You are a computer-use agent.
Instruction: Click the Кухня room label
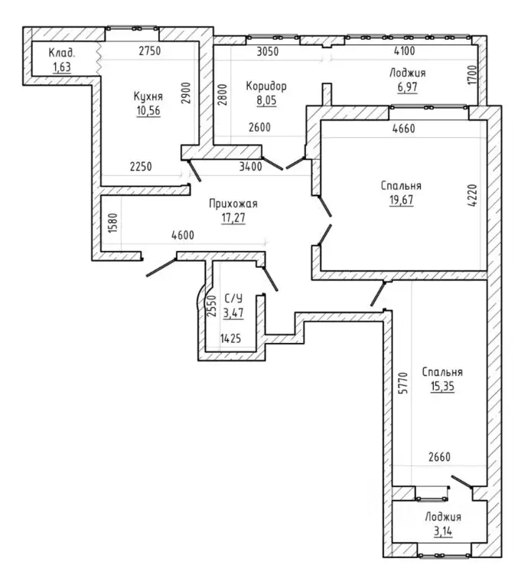[148, 96]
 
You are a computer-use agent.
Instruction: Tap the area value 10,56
[148, 110]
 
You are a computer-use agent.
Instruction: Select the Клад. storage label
[62, 53]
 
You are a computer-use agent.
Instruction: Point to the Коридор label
[266, 86]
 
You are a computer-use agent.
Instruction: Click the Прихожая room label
[233, 204]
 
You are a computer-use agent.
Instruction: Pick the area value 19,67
[401, 200]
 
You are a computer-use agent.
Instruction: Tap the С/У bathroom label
[233, 298]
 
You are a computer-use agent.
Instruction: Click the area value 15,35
[442, 386]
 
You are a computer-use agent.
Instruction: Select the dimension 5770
[402, 383]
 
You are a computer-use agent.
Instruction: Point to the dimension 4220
[473, 195]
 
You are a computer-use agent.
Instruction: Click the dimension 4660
[403, 129]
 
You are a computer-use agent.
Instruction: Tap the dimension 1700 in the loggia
[473, 74]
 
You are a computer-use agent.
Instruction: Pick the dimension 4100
[404, 51]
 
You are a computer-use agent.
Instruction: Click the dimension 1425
[230, 338]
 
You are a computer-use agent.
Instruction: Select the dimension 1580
[112, 223]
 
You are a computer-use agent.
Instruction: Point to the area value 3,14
[443, 531]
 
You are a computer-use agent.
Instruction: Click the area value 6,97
[407, 87]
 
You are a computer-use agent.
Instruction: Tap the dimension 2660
[439, 457]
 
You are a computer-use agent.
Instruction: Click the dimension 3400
[251, 166]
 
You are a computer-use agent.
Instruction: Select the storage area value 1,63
[62, 67]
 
